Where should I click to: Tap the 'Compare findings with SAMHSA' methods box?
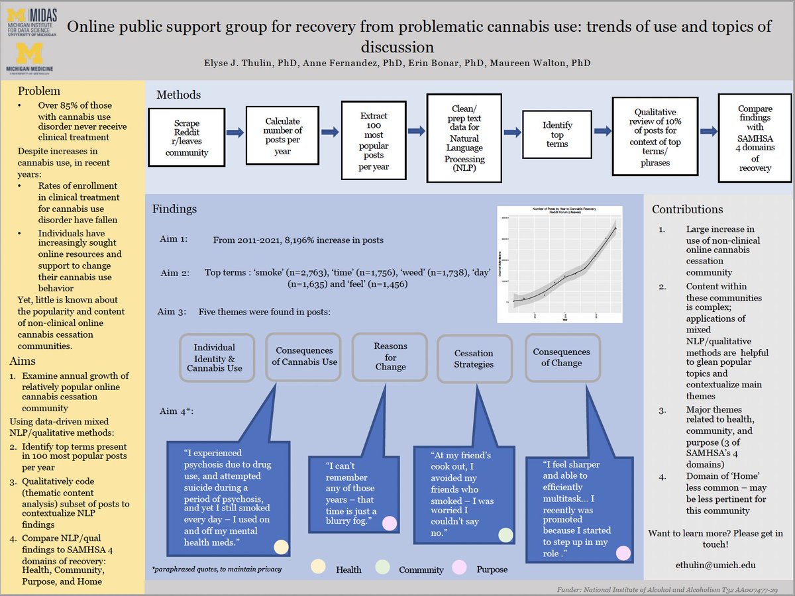pos(755,138)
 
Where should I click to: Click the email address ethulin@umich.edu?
pos(719,566)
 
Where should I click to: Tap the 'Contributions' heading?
pos(687,209)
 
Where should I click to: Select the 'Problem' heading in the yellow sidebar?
pos(39,91)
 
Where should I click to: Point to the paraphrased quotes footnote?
pos(217,569)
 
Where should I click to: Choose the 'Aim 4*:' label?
pos(176,411)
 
